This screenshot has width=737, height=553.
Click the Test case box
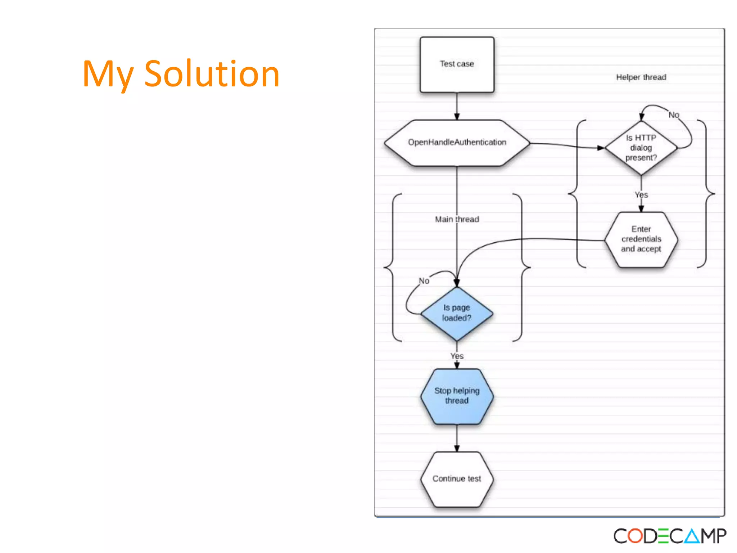(457, 65)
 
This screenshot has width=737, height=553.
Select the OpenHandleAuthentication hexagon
(457, 143)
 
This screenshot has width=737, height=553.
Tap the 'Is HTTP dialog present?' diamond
(641, 148)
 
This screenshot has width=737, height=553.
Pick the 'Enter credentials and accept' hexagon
(641, 239)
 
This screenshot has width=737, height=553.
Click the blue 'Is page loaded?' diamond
(457, 313)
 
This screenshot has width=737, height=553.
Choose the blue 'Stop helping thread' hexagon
(457, 396)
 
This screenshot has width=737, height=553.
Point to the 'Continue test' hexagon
(457, 479)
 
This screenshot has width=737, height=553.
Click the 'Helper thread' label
(641, 77)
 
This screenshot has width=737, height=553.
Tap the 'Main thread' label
(457, 219)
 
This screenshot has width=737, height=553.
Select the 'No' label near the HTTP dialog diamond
(674, 115)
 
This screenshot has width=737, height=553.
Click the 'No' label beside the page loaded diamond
(424, 281)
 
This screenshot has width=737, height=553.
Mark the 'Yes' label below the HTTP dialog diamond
(641, 195)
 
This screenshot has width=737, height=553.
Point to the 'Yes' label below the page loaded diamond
(457, 356)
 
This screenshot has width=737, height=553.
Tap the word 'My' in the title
(108, 75)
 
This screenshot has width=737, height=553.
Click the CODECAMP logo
(669, 536)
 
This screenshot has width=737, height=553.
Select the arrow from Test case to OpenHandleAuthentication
(457, 106)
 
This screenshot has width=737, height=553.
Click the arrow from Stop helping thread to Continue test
(457, 438)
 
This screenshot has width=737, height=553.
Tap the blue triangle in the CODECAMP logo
(691, 536)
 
